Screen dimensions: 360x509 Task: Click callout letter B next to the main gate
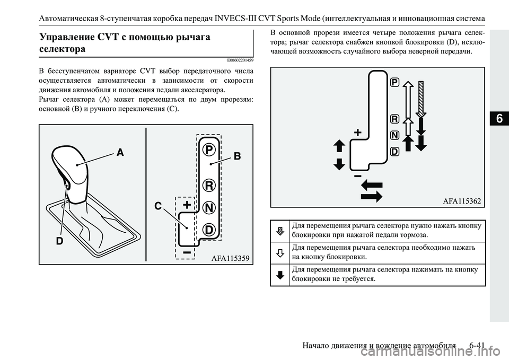pyautogui.click(x=237, y=156)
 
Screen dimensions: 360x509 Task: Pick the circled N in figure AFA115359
pyautogui.click(x=209, y=207)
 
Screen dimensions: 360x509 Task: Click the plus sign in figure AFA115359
pyautogui.click(x=187, y=205)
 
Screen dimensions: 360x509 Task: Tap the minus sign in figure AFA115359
pyautogui.click(x=187, y=253)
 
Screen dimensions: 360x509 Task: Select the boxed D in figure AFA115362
pyautogui.click(x=394, y=152)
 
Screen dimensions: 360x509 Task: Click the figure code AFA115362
pyautogui.click(x=461, y=200)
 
